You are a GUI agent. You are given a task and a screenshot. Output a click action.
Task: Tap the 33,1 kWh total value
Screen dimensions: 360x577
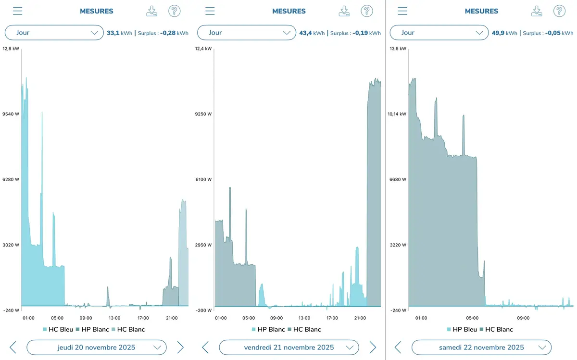tap(119, 33)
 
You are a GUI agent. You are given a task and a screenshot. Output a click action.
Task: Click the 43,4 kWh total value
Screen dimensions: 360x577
tap(312, 33)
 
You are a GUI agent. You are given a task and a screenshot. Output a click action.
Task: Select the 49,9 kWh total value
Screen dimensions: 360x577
tap(504, 33)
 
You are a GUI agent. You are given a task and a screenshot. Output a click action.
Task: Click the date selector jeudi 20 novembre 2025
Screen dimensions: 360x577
tap(96, 347)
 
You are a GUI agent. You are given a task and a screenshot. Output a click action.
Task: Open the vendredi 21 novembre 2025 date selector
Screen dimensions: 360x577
tap(288, 347)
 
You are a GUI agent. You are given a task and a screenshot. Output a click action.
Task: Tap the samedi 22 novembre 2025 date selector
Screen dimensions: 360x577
tap(481, 347)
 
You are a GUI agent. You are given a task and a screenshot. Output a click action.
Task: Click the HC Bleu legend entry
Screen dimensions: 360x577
tap(58, 329)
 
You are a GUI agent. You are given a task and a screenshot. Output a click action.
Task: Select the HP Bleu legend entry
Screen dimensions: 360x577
tap(462, 329)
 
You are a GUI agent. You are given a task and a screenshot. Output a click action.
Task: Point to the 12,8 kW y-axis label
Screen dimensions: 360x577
tap(11, 49)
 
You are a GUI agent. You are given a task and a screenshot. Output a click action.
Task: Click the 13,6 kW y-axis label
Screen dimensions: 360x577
tap(397, 49)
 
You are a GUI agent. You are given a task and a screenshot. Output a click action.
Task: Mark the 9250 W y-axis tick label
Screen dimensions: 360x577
tap(203, 114)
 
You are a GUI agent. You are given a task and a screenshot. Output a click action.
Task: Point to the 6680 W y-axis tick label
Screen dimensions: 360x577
tap(397, 179)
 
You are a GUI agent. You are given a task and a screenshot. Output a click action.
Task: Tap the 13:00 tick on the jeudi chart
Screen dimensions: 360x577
tap(114, 318)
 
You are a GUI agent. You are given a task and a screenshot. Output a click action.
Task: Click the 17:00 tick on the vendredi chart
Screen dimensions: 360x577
tap(332, 318)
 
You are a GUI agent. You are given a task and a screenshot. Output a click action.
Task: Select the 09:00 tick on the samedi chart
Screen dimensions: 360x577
tap(523, 318)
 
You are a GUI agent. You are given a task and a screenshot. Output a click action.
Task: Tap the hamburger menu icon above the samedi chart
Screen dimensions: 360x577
tap(402, 11)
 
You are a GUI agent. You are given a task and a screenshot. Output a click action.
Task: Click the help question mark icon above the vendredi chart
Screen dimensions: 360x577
tap(367, 11)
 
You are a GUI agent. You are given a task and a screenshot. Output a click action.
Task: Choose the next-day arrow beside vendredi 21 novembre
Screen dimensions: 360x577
tap(373, 347)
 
